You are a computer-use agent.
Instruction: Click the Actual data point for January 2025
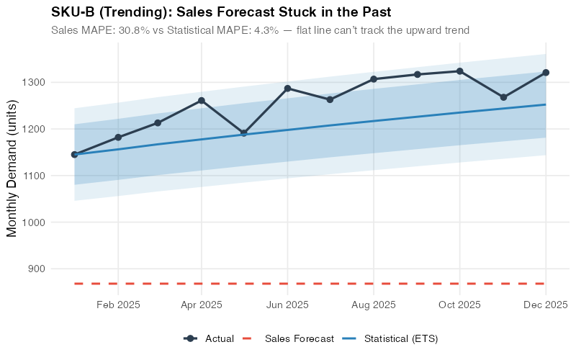tap(74, 154)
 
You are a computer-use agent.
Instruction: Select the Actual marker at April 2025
tap(202, 101)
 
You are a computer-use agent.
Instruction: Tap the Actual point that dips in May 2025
tap(244, 133)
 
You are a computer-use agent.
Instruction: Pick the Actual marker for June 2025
tap(287, 89)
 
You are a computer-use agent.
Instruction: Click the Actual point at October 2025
tap(459, 71)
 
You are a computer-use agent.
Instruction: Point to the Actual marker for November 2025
tap(503, 97)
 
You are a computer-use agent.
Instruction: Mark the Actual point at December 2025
tap(545, 73)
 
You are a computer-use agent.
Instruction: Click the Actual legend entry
tap(209, 338)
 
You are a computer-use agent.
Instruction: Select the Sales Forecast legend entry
tap(288, 338)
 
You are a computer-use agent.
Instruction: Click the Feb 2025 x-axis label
tap(118, 305)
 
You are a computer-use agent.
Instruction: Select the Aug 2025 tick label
tap(374, 305)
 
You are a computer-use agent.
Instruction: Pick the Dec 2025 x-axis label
tap(545, 305)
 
